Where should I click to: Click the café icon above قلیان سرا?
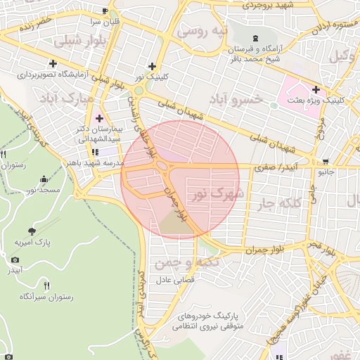click(x=105, y=11)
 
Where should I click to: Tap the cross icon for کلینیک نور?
click(x=152, y=65)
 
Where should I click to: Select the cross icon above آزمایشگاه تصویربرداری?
click(x=53, y=63)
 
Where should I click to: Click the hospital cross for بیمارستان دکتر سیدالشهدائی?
click(x=99, y=118)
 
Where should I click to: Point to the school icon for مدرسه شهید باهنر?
click(x=94, y=152)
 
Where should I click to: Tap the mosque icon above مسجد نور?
click(x=45, y=179)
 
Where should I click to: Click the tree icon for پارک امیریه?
click(x=31, y=231)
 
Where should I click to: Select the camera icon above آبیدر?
click(x=15, y=259)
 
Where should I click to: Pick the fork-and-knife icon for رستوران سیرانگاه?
click(x=46, y=285)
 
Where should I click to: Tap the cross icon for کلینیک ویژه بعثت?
click(x=316, y=89)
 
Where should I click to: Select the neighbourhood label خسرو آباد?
click(x=237, y=99)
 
